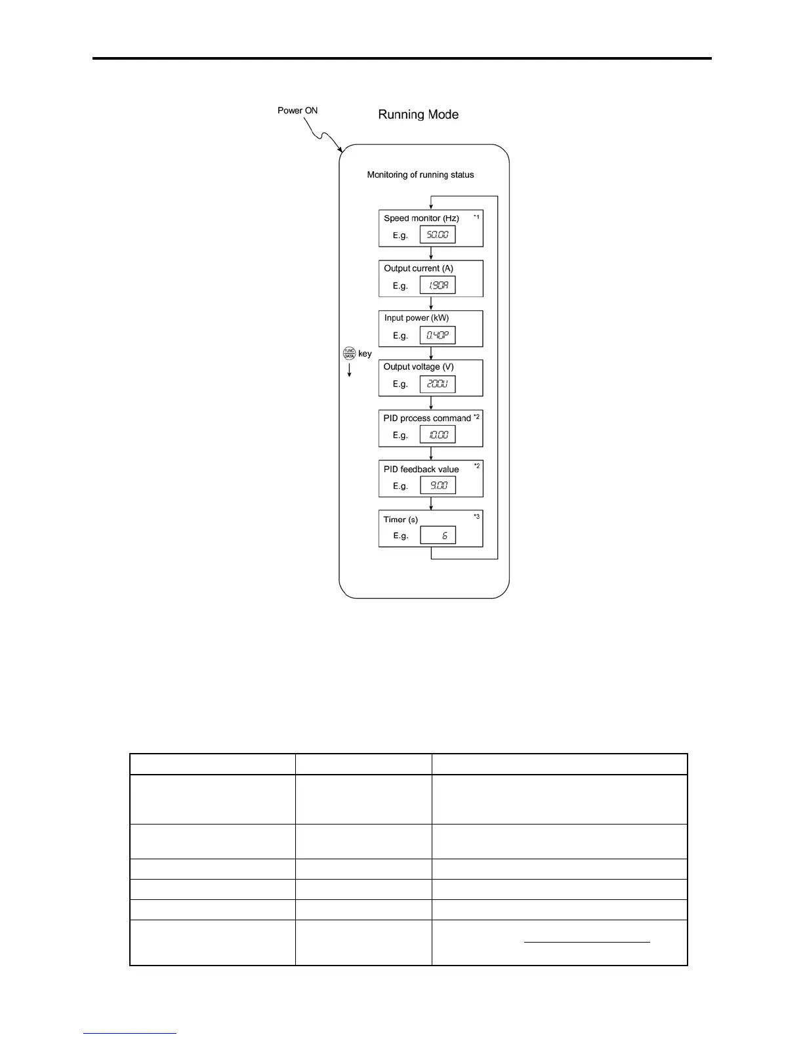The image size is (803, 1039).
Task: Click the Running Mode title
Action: (x=418, y=115)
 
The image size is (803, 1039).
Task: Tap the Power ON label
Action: (x=297, y=110)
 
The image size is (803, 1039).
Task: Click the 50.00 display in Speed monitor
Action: (x=438, y=235)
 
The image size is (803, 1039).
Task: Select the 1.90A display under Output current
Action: (x=438, y=285)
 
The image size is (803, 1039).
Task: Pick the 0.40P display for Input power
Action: (x=438, y=335)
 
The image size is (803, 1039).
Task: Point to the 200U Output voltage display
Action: (x=438, y=384)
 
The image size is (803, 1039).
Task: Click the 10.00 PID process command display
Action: (x=438, y=435)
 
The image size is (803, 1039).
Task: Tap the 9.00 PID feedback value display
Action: (x=438, y=485)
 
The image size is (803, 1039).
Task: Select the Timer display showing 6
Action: (x=438, y=535)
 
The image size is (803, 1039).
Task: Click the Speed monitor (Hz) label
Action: (x=421, y=218)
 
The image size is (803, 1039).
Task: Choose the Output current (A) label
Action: (x=419, y=268)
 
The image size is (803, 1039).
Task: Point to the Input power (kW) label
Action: (x=417, y=318)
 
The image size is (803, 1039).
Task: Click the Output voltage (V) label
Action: (x=419, y=367)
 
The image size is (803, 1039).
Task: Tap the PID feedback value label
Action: (x=421, y=470)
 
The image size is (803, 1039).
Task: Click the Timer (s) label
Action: (x=400, y=519)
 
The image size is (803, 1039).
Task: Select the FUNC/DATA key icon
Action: (x=349, y=354)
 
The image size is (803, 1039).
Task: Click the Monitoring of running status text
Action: (x=421, y=175)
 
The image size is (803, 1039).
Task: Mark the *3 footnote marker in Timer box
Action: (x=477, y=517)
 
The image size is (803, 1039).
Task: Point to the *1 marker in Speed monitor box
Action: (x=477, y=216)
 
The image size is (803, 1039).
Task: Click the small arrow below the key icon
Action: (x=349, y=370)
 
